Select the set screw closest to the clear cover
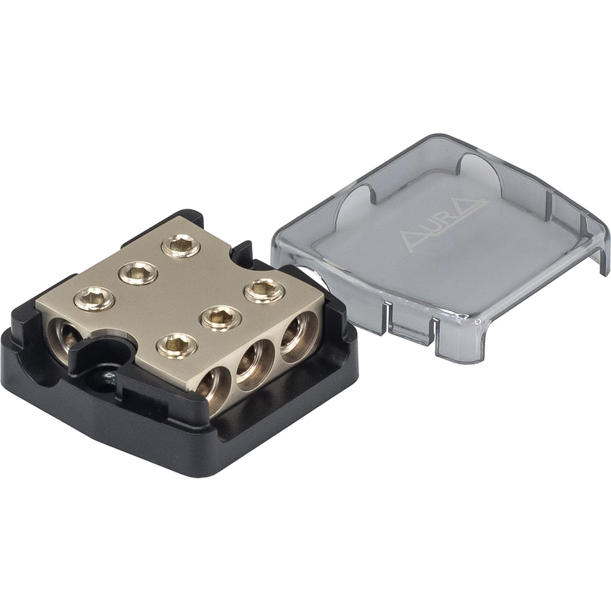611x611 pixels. coord(263,288)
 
